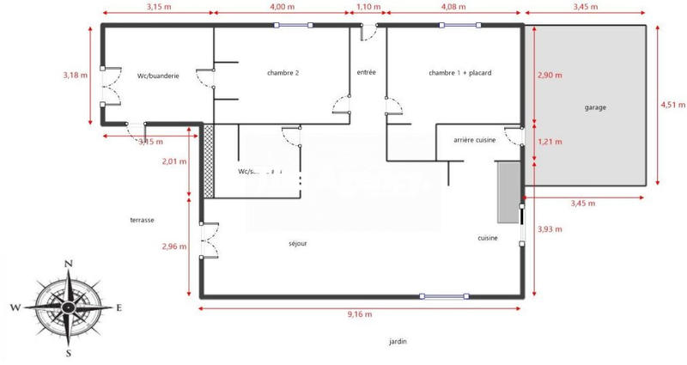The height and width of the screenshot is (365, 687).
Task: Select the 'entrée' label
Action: coord(368,72)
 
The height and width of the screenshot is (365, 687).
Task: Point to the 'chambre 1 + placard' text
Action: coord(459,74)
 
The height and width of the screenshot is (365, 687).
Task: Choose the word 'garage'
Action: coord(595,107)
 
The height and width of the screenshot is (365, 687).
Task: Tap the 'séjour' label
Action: coord(298,243)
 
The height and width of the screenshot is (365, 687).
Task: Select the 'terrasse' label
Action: coord(143,220)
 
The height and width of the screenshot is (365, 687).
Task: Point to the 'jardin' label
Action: coord(398,341)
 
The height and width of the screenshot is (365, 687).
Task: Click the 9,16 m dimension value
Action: coord(359,315)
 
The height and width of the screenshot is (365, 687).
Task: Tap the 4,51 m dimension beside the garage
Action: coord(672,105)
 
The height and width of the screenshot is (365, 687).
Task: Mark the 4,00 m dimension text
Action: coord(283,7)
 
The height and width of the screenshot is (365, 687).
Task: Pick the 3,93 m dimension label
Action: coord(549,229)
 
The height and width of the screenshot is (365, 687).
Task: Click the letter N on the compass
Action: coord(69,264)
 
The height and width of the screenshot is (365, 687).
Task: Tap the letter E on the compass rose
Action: coord(119,307)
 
